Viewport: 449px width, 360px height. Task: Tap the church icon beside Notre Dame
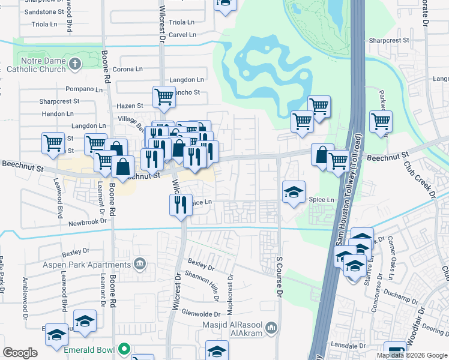tap(74, 64)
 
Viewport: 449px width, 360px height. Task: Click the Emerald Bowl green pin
tap(124, 348)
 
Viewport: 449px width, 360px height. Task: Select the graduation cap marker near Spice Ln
tap(294, 192)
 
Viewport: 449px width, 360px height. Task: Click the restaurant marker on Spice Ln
tap(180, 205)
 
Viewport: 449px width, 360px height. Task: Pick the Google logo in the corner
tap(20, 353)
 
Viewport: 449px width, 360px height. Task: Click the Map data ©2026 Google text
tap(412, 355)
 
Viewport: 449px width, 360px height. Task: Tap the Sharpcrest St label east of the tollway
tap(388, 41)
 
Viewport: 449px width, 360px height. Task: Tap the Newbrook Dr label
tap(86, 221)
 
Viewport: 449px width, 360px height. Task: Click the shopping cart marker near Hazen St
tap(163, 97)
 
